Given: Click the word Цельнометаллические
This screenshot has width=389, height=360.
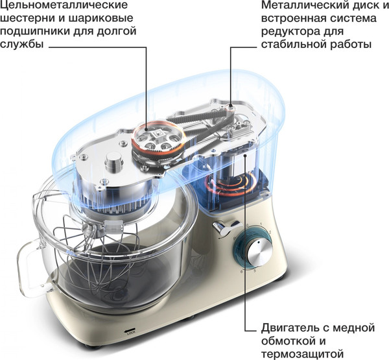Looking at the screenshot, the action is [x=64, y=5].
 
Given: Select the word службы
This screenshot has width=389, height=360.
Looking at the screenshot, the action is [x=22, y=45].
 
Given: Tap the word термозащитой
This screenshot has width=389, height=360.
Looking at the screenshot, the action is [x=303, y=354].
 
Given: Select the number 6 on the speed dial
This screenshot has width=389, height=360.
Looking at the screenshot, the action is [x=241, y=271].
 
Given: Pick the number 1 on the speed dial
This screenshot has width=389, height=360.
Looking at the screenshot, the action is [x=261, y=224].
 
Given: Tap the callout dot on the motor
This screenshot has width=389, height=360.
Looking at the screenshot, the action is [x=245, y=156].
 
